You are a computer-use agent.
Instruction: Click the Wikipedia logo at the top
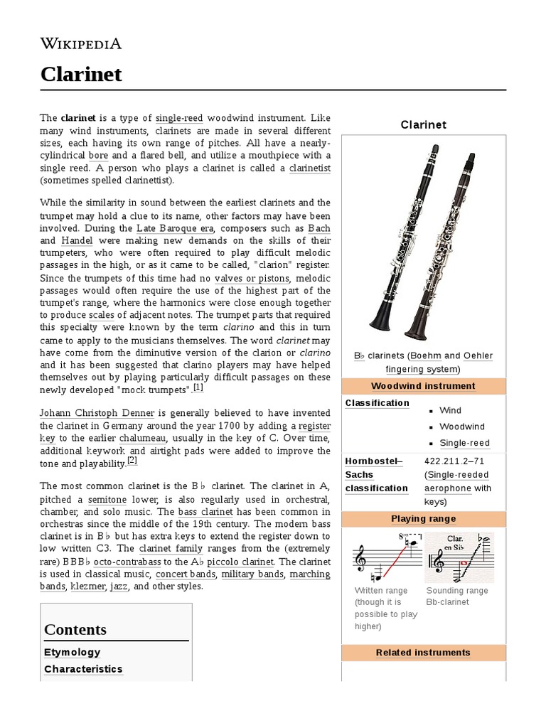(80, 44)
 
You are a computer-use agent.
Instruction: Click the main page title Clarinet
(80, 74)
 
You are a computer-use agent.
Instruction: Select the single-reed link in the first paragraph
(181, 117)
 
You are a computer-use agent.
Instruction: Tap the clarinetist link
(310, 168)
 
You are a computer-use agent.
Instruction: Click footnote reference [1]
(198, 387)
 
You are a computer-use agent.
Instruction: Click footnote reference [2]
(132, 461)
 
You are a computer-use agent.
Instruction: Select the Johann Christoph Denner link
(95, 413)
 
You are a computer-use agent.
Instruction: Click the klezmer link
(87, 587)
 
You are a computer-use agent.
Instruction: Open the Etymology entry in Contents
(73, 652)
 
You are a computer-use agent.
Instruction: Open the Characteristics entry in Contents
(83, 669)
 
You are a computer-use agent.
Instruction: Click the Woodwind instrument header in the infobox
(423, 386)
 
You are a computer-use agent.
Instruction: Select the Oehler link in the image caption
(478, 355)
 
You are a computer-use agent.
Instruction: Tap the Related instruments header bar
(423, 653)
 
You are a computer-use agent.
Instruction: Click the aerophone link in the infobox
(448, 488)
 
